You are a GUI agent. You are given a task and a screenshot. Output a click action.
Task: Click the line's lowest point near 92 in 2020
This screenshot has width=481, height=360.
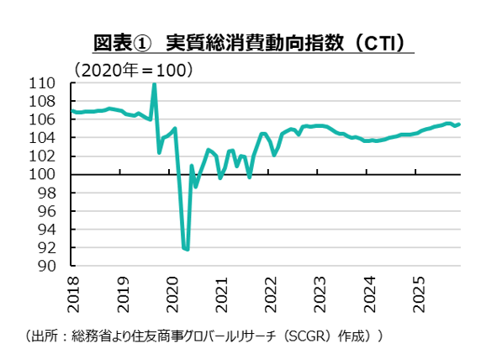click(x=187, y=249)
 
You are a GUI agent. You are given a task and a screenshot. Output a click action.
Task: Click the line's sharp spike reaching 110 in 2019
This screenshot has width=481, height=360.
click(x=154, y=84)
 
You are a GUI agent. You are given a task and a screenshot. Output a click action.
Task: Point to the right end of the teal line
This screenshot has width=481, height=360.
click(x=459, y=124)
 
